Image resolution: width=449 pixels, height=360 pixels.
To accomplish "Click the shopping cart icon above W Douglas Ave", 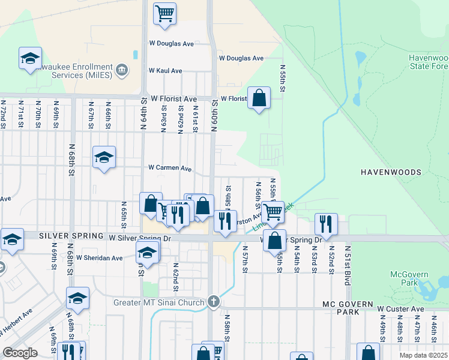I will click(164, 13).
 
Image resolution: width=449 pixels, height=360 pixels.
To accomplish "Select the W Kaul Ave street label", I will click(165, 71).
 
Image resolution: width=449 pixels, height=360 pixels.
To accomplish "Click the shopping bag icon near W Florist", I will click(259, 98).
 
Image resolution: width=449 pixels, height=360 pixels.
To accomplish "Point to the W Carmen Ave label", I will click(170, 168).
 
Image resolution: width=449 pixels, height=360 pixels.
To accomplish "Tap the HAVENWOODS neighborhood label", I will click(391, 172).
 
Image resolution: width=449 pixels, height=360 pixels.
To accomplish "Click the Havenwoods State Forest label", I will click(428, 62).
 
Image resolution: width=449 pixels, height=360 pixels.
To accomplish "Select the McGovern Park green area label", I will click(409, 278).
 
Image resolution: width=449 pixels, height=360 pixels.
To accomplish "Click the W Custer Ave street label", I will click(400, 309).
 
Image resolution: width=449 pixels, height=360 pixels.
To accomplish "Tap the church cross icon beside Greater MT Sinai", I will click(214, 302).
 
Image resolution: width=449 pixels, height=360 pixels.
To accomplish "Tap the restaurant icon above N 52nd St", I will click(326, 224).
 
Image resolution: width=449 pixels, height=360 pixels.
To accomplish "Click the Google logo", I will click(20, 353).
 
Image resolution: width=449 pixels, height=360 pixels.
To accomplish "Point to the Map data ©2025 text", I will click(423, 355).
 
